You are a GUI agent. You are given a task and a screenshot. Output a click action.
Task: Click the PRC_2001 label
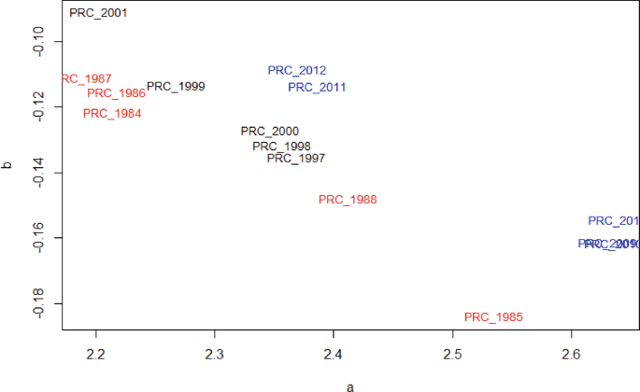click(98, 14)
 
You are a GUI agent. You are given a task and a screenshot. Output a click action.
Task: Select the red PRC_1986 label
click(116, 93)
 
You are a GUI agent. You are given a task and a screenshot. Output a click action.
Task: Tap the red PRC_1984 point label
click(112, 114)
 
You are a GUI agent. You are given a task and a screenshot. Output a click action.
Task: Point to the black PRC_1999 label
click(176, 87)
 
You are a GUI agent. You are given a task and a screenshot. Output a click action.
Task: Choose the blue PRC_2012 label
click(296, 71)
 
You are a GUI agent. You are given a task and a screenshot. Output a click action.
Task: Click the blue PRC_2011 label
click(317, 88)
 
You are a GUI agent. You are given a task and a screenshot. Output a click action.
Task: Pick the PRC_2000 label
click(269, 132)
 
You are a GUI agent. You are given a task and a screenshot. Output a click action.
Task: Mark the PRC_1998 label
click(281, 146)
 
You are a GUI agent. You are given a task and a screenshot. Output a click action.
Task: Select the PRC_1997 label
click(295, 159)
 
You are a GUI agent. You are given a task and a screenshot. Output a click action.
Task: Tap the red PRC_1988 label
click(347, 200)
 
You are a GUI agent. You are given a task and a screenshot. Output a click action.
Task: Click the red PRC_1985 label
click(493, 317)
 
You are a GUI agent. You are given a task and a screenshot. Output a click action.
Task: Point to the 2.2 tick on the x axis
click(96, 355)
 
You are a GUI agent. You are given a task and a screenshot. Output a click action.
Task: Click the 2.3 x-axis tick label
click(215, 355)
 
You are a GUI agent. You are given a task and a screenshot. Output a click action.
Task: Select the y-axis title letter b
click(8, 165)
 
